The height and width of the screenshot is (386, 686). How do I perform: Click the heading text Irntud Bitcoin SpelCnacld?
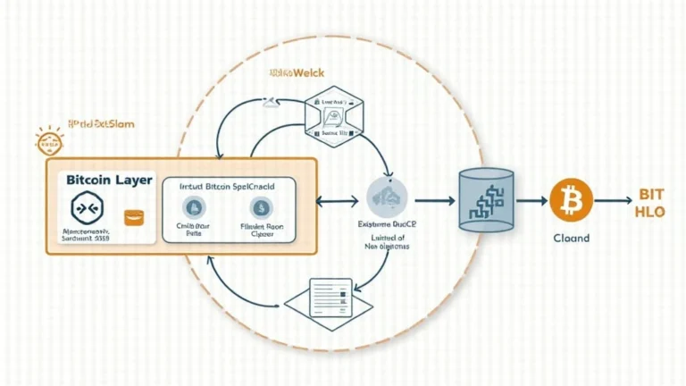pos(228,186)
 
